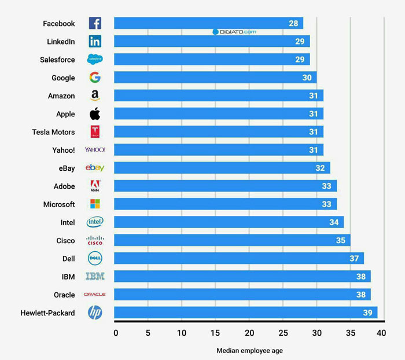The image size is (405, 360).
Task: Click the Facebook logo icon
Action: click(95, 23)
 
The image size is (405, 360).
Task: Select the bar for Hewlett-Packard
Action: click(245, 313)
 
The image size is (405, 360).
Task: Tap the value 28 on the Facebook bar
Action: click(293, 24)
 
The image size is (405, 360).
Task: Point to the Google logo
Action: click(95, 78)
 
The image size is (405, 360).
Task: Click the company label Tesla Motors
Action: click(53, 132)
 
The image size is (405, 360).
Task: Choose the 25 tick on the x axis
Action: click(283, 333)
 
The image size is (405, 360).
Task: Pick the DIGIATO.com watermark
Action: click(234, 32)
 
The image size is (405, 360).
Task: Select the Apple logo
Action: click(95, 113)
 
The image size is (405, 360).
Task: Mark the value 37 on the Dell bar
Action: click(354, 258)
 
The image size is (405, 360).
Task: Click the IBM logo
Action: click(95, 277)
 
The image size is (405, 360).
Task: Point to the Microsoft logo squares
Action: click(95, 204)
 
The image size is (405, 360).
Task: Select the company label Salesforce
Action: click(57, 60)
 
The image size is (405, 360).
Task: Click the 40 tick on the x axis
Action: click(381, 333)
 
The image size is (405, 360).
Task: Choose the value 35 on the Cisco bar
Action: click(340, 240)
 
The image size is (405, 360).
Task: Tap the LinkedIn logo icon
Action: click(95, 42)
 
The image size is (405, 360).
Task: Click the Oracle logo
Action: click(95, 295)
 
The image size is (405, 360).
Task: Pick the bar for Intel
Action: click(229, 222)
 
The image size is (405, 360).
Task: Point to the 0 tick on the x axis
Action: click(116, 333)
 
